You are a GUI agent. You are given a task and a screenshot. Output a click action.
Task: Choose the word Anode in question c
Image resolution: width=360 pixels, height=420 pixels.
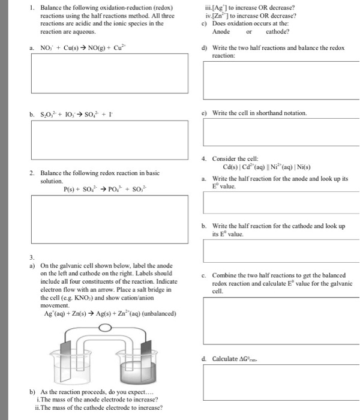click(x=223, y=32)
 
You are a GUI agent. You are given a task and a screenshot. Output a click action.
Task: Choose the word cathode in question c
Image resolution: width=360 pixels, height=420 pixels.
click(x=277, y=32)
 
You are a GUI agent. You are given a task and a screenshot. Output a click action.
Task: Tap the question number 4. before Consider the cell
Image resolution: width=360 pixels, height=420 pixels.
click(x=206, y=159)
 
